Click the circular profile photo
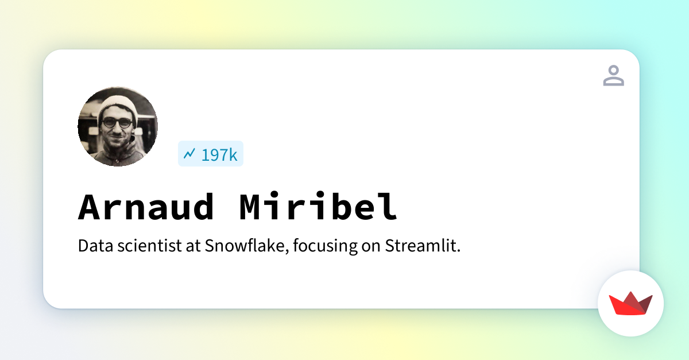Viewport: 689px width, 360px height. [x=118, y=126]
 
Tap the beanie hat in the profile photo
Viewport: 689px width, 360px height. [x=118, y=106]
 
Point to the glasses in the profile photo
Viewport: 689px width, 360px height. [x=118, y=123]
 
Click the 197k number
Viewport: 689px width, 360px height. [x=219, y=155]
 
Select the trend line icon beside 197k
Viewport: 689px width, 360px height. [x=189, y=153]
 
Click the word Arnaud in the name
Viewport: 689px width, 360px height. [x=146, y=207]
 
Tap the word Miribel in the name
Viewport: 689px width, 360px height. [x=319, y=206]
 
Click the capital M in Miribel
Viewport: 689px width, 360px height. [x=250, y=207]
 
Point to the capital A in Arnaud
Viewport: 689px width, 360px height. [x=89, y=207]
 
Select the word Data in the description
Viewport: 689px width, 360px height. [x=96, y=246]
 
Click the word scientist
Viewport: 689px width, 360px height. [x=149, y=246]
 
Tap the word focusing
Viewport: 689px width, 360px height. [x=326, y=246]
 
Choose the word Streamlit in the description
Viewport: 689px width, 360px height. [x=423, y=246]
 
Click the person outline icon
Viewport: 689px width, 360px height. [x=614, y=75]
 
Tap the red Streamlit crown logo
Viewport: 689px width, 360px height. [x=630, y=303]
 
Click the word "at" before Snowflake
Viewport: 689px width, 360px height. [x=193, y=246]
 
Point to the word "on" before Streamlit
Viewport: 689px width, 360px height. [x=371, y=247]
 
